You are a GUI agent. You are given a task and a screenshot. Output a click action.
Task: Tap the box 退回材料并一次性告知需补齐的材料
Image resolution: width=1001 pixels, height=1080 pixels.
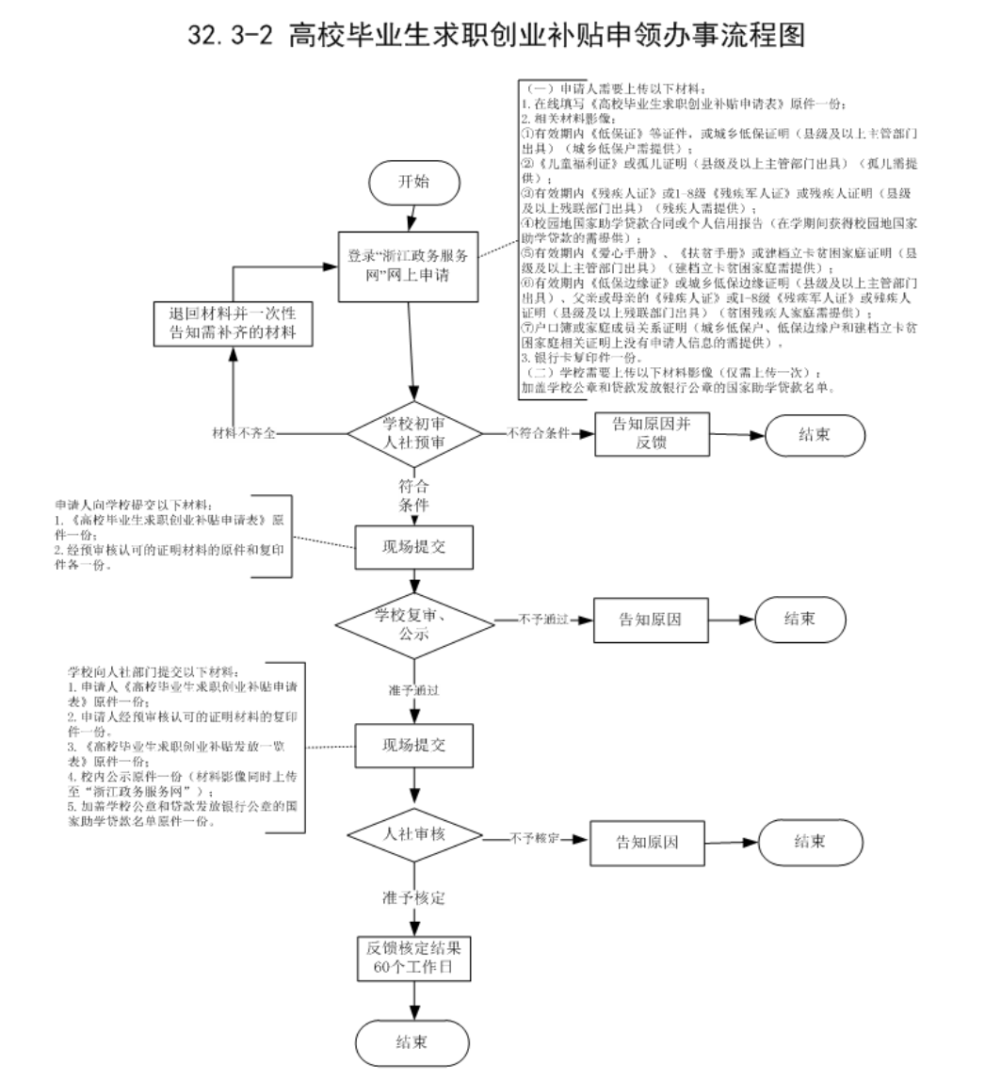233,324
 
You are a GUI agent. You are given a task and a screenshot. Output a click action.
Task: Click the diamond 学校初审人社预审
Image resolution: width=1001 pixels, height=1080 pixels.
415,434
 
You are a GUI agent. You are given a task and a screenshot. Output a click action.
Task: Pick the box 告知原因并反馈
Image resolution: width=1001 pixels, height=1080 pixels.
652,434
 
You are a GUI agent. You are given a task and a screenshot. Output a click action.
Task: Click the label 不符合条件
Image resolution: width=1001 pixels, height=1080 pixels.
539,434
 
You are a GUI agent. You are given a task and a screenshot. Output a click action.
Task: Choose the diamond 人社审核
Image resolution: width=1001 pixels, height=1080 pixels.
414,835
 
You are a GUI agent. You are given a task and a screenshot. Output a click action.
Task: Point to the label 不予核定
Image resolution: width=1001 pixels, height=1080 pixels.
535,836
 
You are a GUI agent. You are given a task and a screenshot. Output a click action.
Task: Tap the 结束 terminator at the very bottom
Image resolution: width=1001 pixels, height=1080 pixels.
412,1041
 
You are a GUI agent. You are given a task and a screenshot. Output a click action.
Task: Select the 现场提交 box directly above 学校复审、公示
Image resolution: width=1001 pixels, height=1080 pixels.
413,545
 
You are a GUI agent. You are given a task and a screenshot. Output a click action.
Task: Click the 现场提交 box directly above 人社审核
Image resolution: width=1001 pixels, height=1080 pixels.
413,746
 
